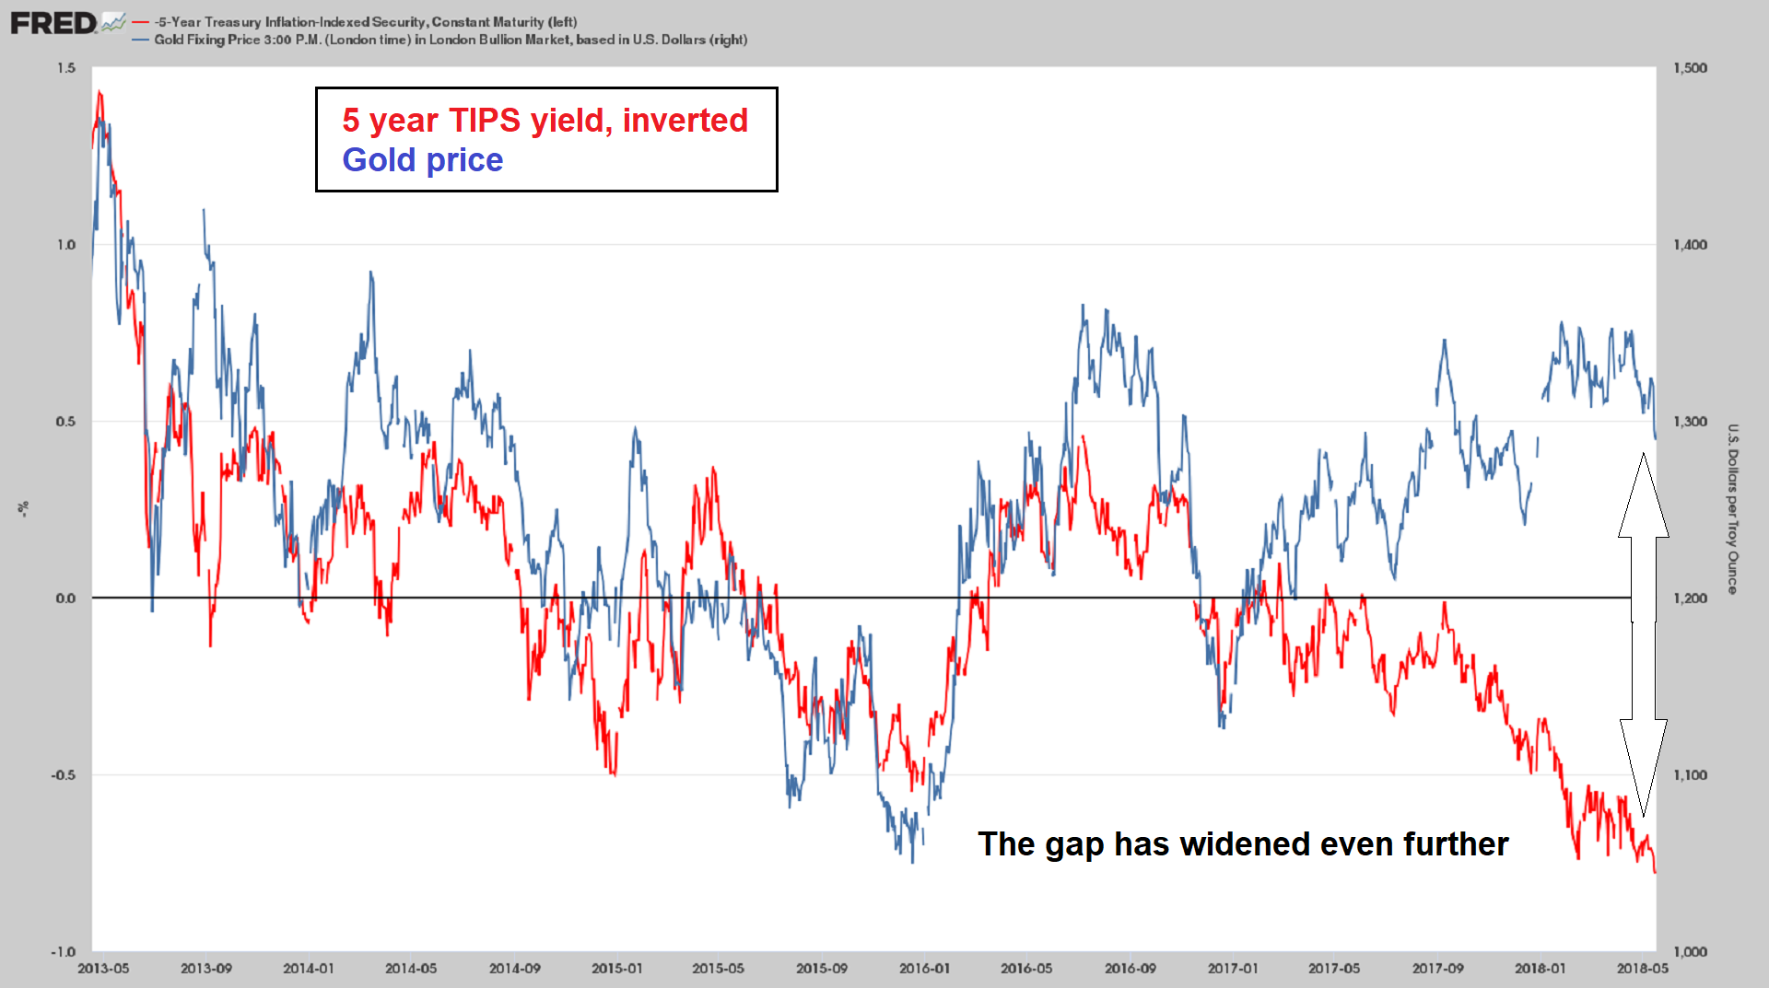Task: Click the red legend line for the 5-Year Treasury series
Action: coord(140,22)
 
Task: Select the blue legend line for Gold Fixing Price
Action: coord(140,40)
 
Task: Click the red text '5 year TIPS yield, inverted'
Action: coord(545,121)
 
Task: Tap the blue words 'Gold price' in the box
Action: coord(422,160)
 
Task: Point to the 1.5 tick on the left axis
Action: coord(66,68)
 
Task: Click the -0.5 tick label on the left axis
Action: coord(63,775)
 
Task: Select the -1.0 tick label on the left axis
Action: coord(63,952)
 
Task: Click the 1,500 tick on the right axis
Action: coord(1690,68)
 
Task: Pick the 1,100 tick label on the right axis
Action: coord(1690,775)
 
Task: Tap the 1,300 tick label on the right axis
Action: coord(1690,422)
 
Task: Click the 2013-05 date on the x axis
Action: coord(103,969)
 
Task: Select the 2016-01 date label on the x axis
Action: coord(924,969)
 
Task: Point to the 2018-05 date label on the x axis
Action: coord(1642,969)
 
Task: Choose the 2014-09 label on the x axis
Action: coord(514,969)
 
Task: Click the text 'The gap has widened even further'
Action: coord(1242,844)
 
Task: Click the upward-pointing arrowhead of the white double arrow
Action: coord(1644,497)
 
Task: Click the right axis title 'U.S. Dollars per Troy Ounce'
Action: coord(1732,509)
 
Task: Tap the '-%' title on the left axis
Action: coord(24,509)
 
